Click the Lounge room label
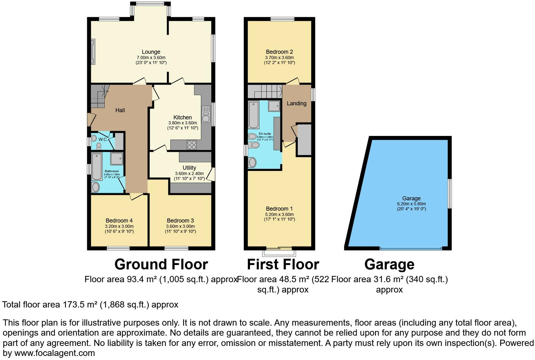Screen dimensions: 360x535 (151, 52)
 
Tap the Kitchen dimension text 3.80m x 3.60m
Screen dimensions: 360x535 (182, 123)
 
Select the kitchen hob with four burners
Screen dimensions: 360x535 (192, 145)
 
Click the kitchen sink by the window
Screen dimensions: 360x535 (206, 114)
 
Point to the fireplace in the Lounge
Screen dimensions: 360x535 (93, 52)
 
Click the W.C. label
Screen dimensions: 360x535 (103, 139)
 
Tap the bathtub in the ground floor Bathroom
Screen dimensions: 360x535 (97, 166)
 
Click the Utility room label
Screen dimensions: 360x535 (189, 168)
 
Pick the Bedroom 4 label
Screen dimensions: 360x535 (119, 221)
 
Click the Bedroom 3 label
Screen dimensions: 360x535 (180, 221)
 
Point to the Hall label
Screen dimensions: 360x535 (120, 110)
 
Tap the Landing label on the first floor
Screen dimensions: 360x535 (297, 103)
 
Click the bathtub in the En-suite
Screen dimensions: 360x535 (253, 114)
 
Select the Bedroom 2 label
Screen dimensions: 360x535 (279, 52)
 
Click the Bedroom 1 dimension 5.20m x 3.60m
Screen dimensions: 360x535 (279, 214)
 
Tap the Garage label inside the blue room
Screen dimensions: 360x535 (411, 198)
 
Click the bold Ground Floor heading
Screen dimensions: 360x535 (161, 264)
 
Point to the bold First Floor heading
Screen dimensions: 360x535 (283, 264)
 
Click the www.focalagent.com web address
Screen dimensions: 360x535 (55, 353)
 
